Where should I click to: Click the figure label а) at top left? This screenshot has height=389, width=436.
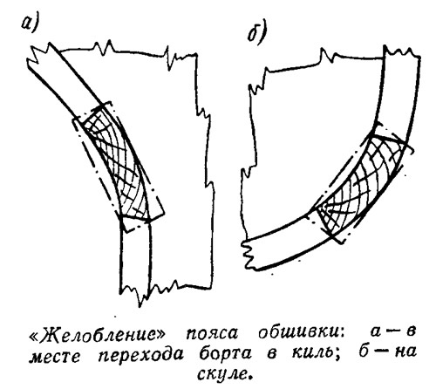pos(30,24)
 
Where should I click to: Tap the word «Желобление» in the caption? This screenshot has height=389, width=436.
pos(98,335)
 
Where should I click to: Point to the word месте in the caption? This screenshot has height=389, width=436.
pos(54,355)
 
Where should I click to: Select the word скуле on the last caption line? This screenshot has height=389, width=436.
pos(223,373)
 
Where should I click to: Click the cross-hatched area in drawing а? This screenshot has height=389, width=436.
pos(117,163)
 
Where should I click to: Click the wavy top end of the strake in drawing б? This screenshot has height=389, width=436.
pos(402,52)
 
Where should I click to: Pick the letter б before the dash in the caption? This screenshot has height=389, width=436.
pos(364,351)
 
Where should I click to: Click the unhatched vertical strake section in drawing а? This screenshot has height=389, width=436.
pos(136,256)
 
